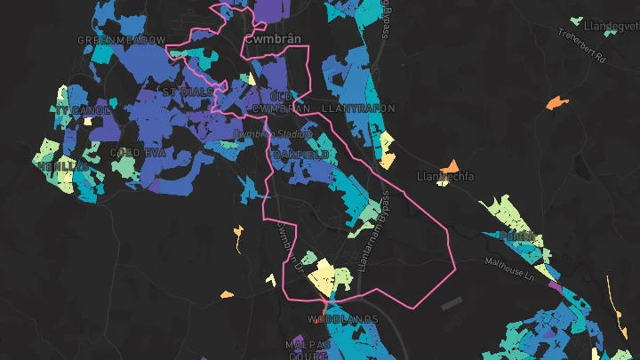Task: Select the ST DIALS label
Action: (x=188, y=92)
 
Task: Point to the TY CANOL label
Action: (x=83, y=110)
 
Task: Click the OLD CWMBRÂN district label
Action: (x=282, y=101)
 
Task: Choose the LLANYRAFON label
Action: (x=359, y=108)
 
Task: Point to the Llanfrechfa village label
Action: (x=445, y=177)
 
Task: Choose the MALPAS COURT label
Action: (x=308, y=347)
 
